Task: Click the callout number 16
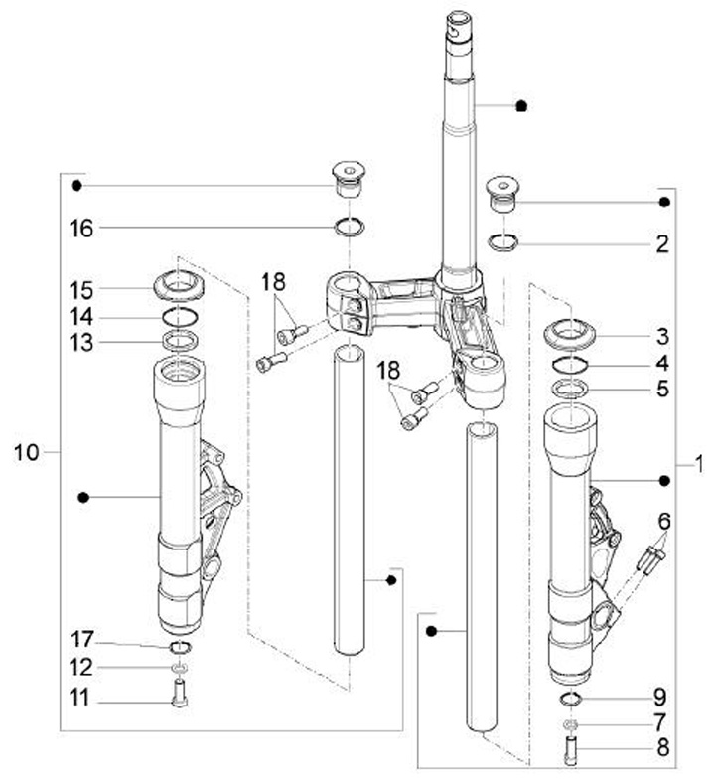[x=81, y=228]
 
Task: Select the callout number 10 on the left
[x=26, y=452]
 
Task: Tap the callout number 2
[x=662, y=244]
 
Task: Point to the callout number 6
[x=664, y=522]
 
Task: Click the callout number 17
[x=82, y=639]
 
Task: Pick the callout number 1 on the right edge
[x=699, y=464]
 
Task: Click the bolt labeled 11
[x=179, y=693]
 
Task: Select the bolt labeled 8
[x=571, y=750]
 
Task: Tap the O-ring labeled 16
[x=350, y=226]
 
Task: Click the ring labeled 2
[x=503, y=242]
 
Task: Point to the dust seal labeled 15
[x=179, y=285]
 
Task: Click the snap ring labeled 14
[x=181, y=318]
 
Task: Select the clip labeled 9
[x=571, y=699]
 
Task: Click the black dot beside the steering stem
[x=521, y=106]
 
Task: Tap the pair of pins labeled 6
[x=650, y=559]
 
